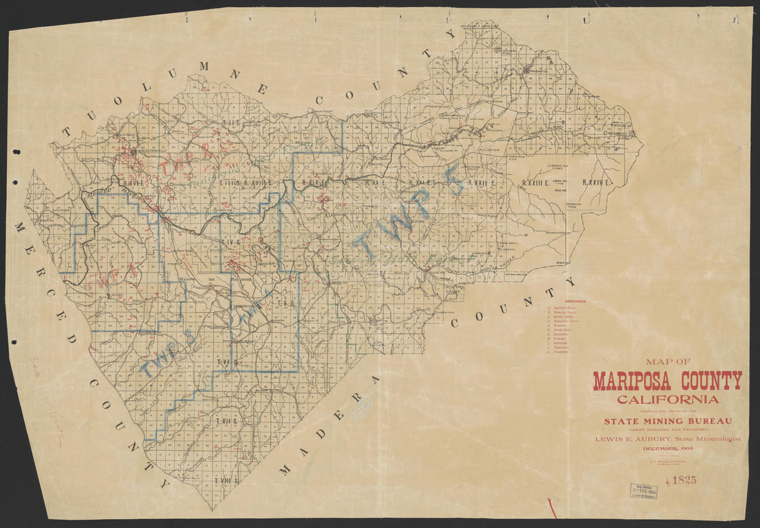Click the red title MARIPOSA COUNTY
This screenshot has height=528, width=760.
pos(667,381)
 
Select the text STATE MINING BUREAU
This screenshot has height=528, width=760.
pos(667,420)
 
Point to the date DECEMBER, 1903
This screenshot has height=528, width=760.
pos(667,449)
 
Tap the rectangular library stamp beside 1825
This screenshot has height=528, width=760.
pos(643,491)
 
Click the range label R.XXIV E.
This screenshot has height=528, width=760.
pos(598,182)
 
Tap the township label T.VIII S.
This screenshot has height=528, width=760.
pos(226,480)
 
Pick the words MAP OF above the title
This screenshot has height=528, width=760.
pos(667,361)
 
